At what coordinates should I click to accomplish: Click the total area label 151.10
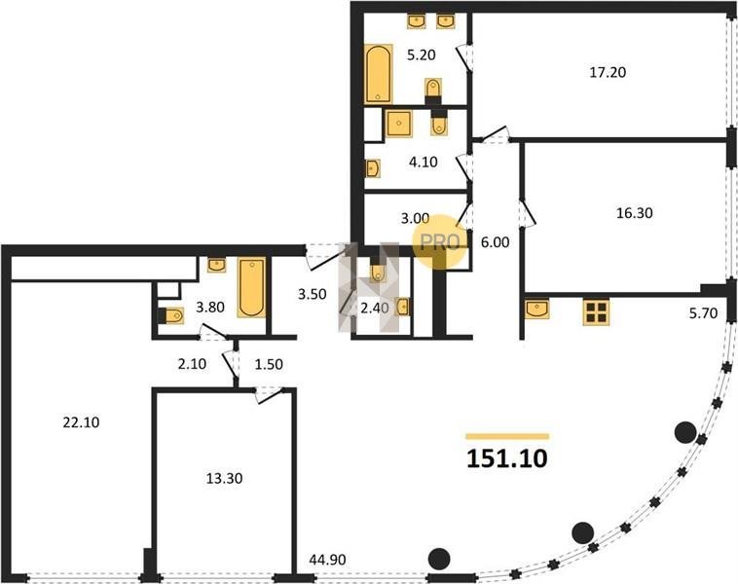pos(507,458)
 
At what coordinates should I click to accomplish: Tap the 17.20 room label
pos(608,72)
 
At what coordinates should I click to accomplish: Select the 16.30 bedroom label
pos(635,213)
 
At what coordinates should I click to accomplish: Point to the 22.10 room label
pos(81,422)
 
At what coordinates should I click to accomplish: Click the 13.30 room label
pos(225,479)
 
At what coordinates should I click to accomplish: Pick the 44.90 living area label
pos(327,560)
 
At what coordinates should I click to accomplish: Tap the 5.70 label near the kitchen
pos(703,313)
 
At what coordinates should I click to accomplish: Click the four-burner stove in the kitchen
pos(596,312)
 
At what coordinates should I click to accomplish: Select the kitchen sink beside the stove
pos(537,309)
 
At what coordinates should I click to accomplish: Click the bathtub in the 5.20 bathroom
pos(379,74)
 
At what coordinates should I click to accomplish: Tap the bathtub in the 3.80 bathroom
pos(251,287)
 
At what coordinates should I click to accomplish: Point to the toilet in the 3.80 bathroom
pos(171,315)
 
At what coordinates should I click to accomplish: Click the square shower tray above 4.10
pos(398,124)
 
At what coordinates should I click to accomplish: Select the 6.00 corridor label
pos(496,242)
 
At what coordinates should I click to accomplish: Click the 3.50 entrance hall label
pos(313,294)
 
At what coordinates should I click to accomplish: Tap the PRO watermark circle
pos(440,242)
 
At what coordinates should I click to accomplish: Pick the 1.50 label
pos(269,364)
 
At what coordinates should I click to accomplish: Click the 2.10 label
pos(192,364)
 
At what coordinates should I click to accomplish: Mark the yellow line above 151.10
pos(507,436)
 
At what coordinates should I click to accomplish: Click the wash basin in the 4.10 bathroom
pos(373,168)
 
